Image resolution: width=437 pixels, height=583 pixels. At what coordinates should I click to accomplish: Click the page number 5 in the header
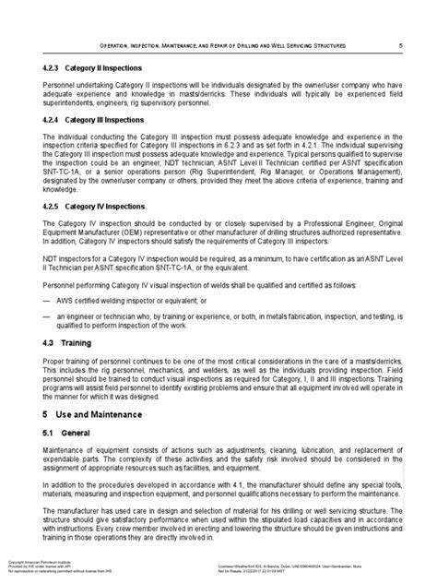pyautogui.click(x=398, y=44)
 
